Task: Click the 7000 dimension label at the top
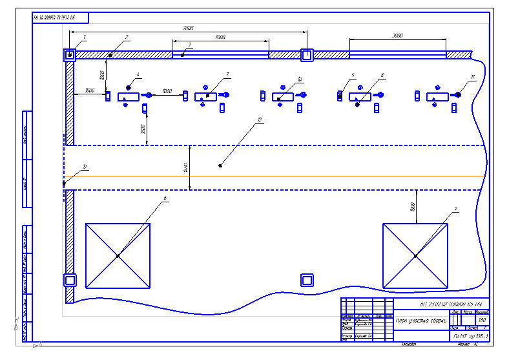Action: (188, 28)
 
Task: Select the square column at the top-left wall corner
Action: (69, 55)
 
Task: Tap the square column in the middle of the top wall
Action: (307, 55)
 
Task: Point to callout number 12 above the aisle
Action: (259, 120)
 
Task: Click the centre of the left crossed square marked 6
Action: (118, 256)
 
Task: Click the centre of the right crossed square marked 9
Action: (415, 256)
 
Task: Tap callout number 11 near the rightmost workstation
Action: (473, 77)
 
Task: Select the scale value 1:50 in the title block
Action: (481, 320)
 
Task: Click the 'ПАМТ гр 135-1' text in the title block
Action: (469, 337)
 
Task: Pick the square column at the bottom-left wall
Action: (69, 280)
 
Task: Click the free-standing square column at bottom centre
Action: (307, 280)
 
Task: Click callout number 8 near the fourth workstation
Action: (382, 76)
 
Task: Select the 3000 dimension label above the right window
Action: (397, 36)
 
